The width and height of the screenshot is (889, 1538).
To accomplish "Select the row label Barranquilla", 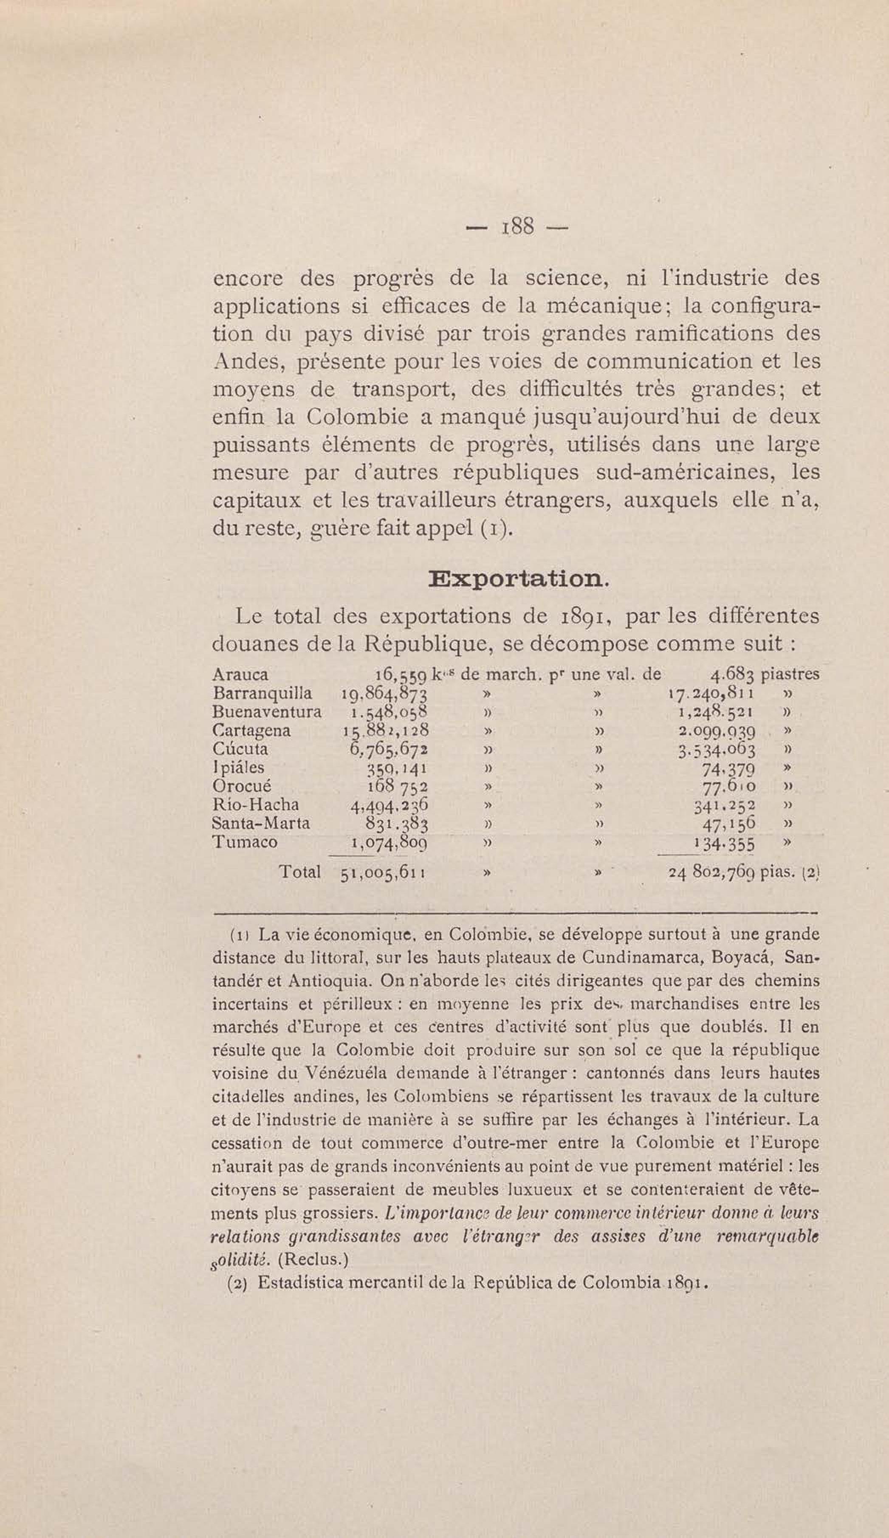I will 262,693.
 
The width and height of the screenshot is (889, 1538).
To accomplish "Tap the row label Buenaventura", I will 267,712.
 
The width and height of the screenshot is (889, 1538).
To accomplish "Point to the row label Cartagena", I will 251,731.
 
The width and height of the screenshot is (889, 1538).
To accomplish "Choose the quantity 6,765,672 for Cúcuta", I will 387,750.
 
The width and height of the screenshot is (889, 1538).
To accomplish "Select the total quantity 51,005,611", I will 383,873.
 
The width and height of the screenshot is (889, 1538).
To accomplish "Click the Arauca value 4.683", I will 733,675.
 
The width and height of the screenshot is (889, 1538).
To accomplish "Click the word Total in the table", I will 299,872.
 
